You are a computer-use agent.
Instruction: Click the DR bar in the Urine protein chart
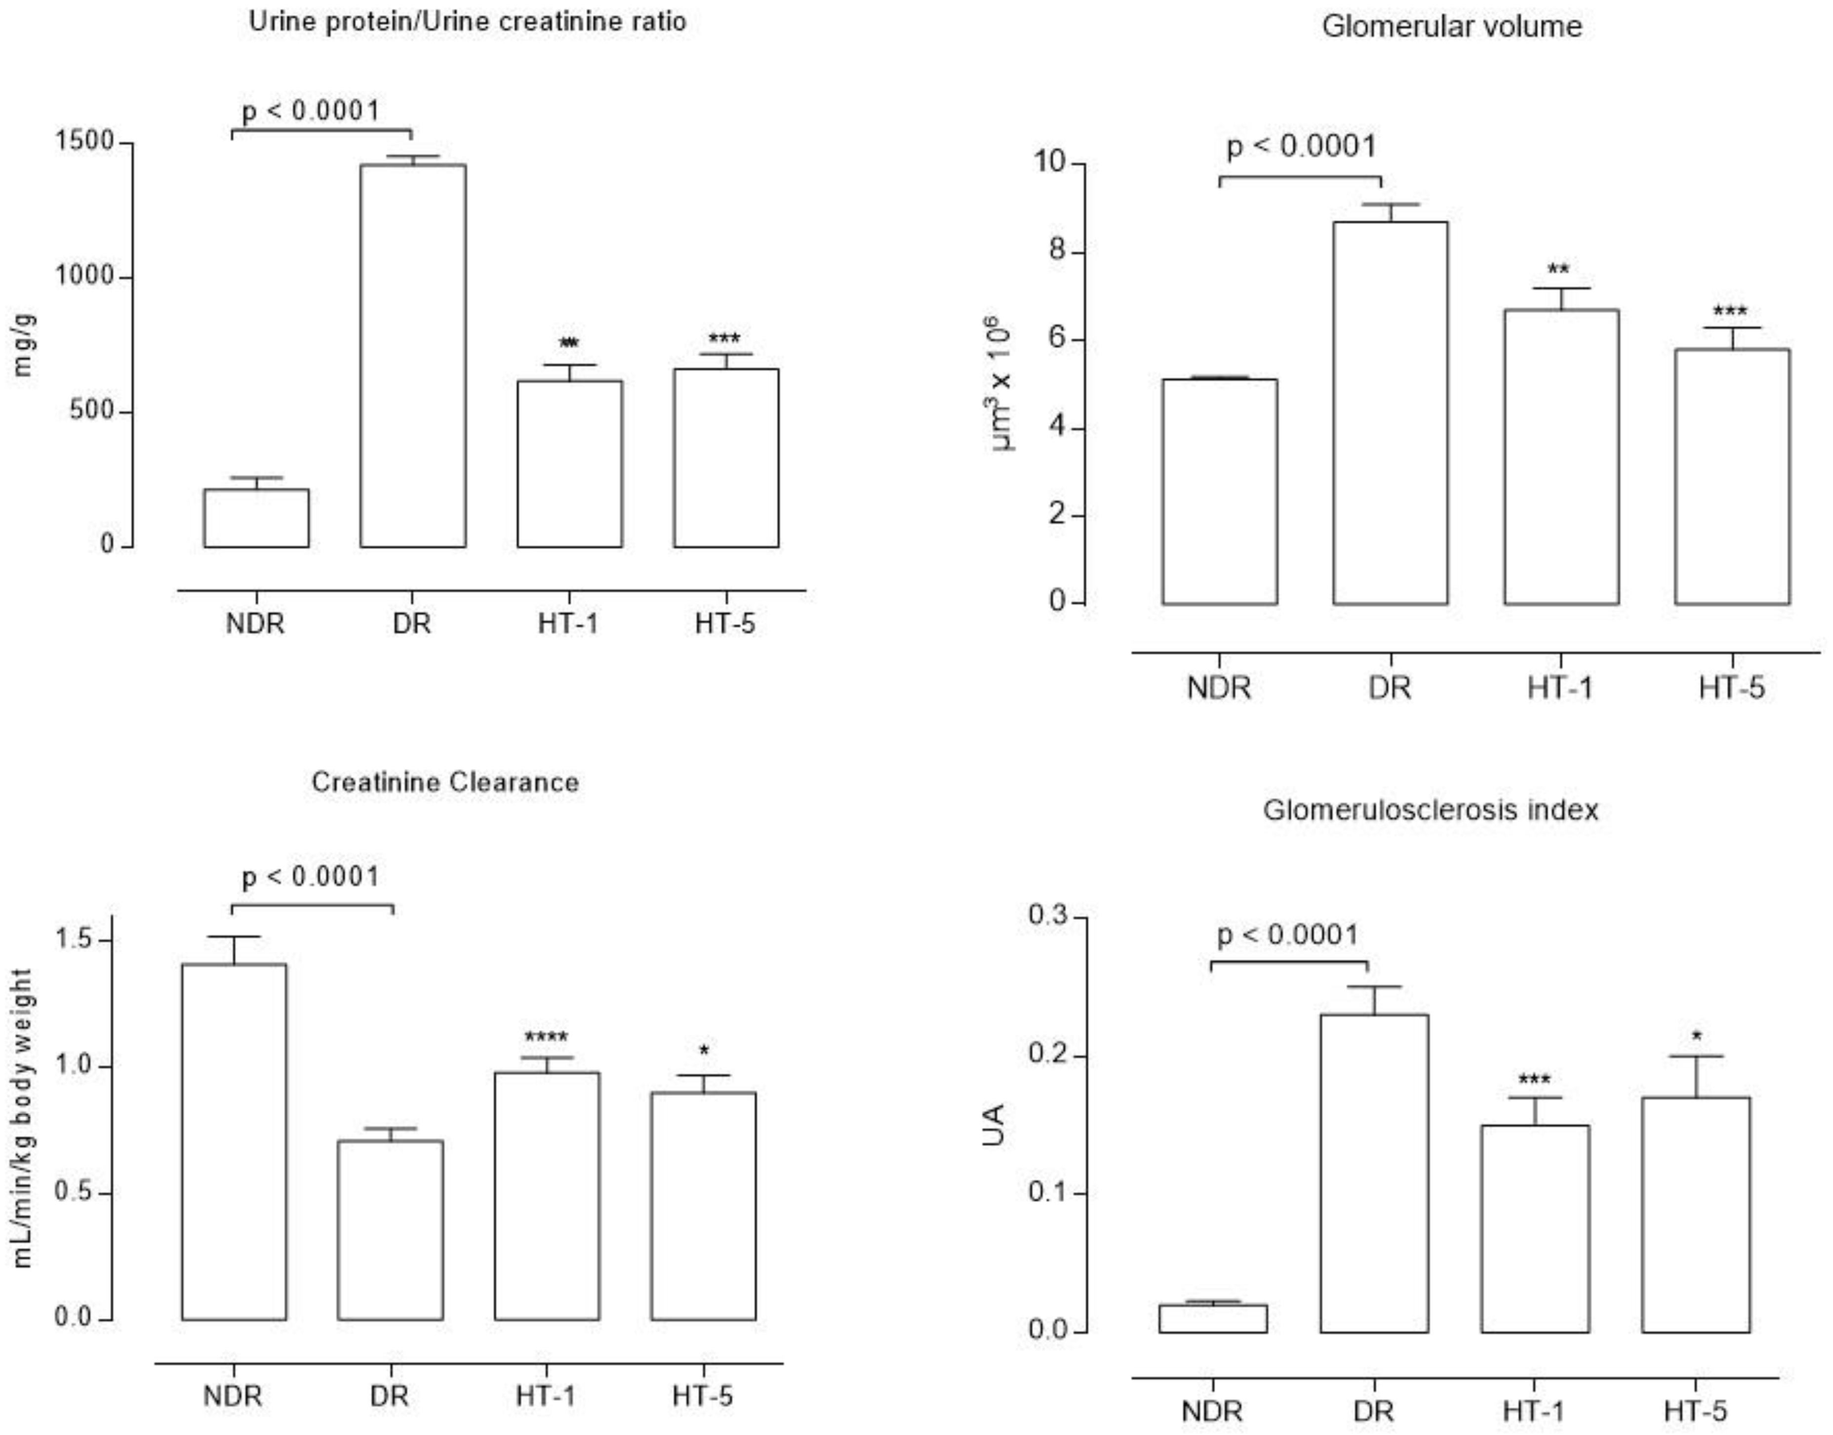(412, 357)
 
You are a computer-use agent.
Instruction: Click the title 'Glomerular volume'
(1452, 26)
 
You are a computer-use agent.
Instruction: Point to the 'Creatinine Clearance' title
(445, 782)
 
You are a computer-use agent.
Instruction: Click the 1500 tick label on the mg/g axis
(84, 141)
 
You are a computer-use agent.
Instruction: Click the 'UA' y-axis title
(994, 1126)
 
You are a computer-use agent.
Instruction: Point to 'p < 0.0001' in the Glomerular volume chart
(1301, 146)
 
